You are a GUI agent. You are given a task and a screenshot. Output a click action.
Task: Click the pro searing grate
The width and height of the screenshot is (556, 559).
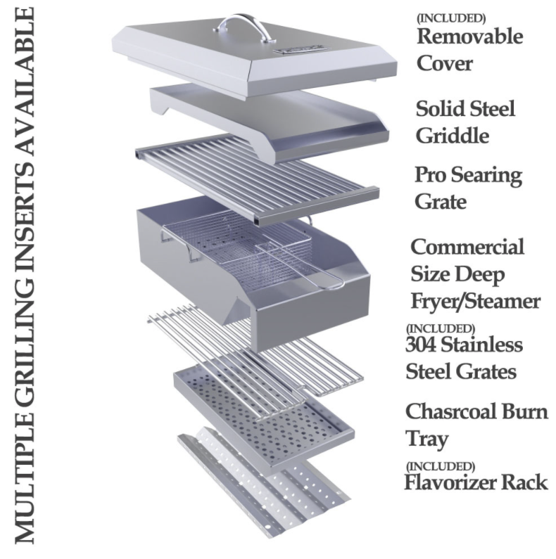tap(260, 179)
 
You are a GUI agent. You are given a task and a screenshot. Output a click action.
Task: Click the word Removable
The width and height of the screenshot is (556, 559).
tap(470, 36)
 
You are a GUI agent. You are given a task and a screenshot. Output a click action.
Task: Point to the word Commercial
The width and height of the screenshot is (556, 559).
tap(467, 248)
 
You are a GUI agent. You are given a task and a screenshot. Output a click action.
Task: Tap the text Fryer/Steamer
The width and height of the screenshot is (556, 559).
tap(475, 301)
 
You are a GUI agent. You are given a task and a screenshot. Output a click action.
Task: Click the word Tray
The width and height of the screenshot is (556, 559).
tap(427, 439)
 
